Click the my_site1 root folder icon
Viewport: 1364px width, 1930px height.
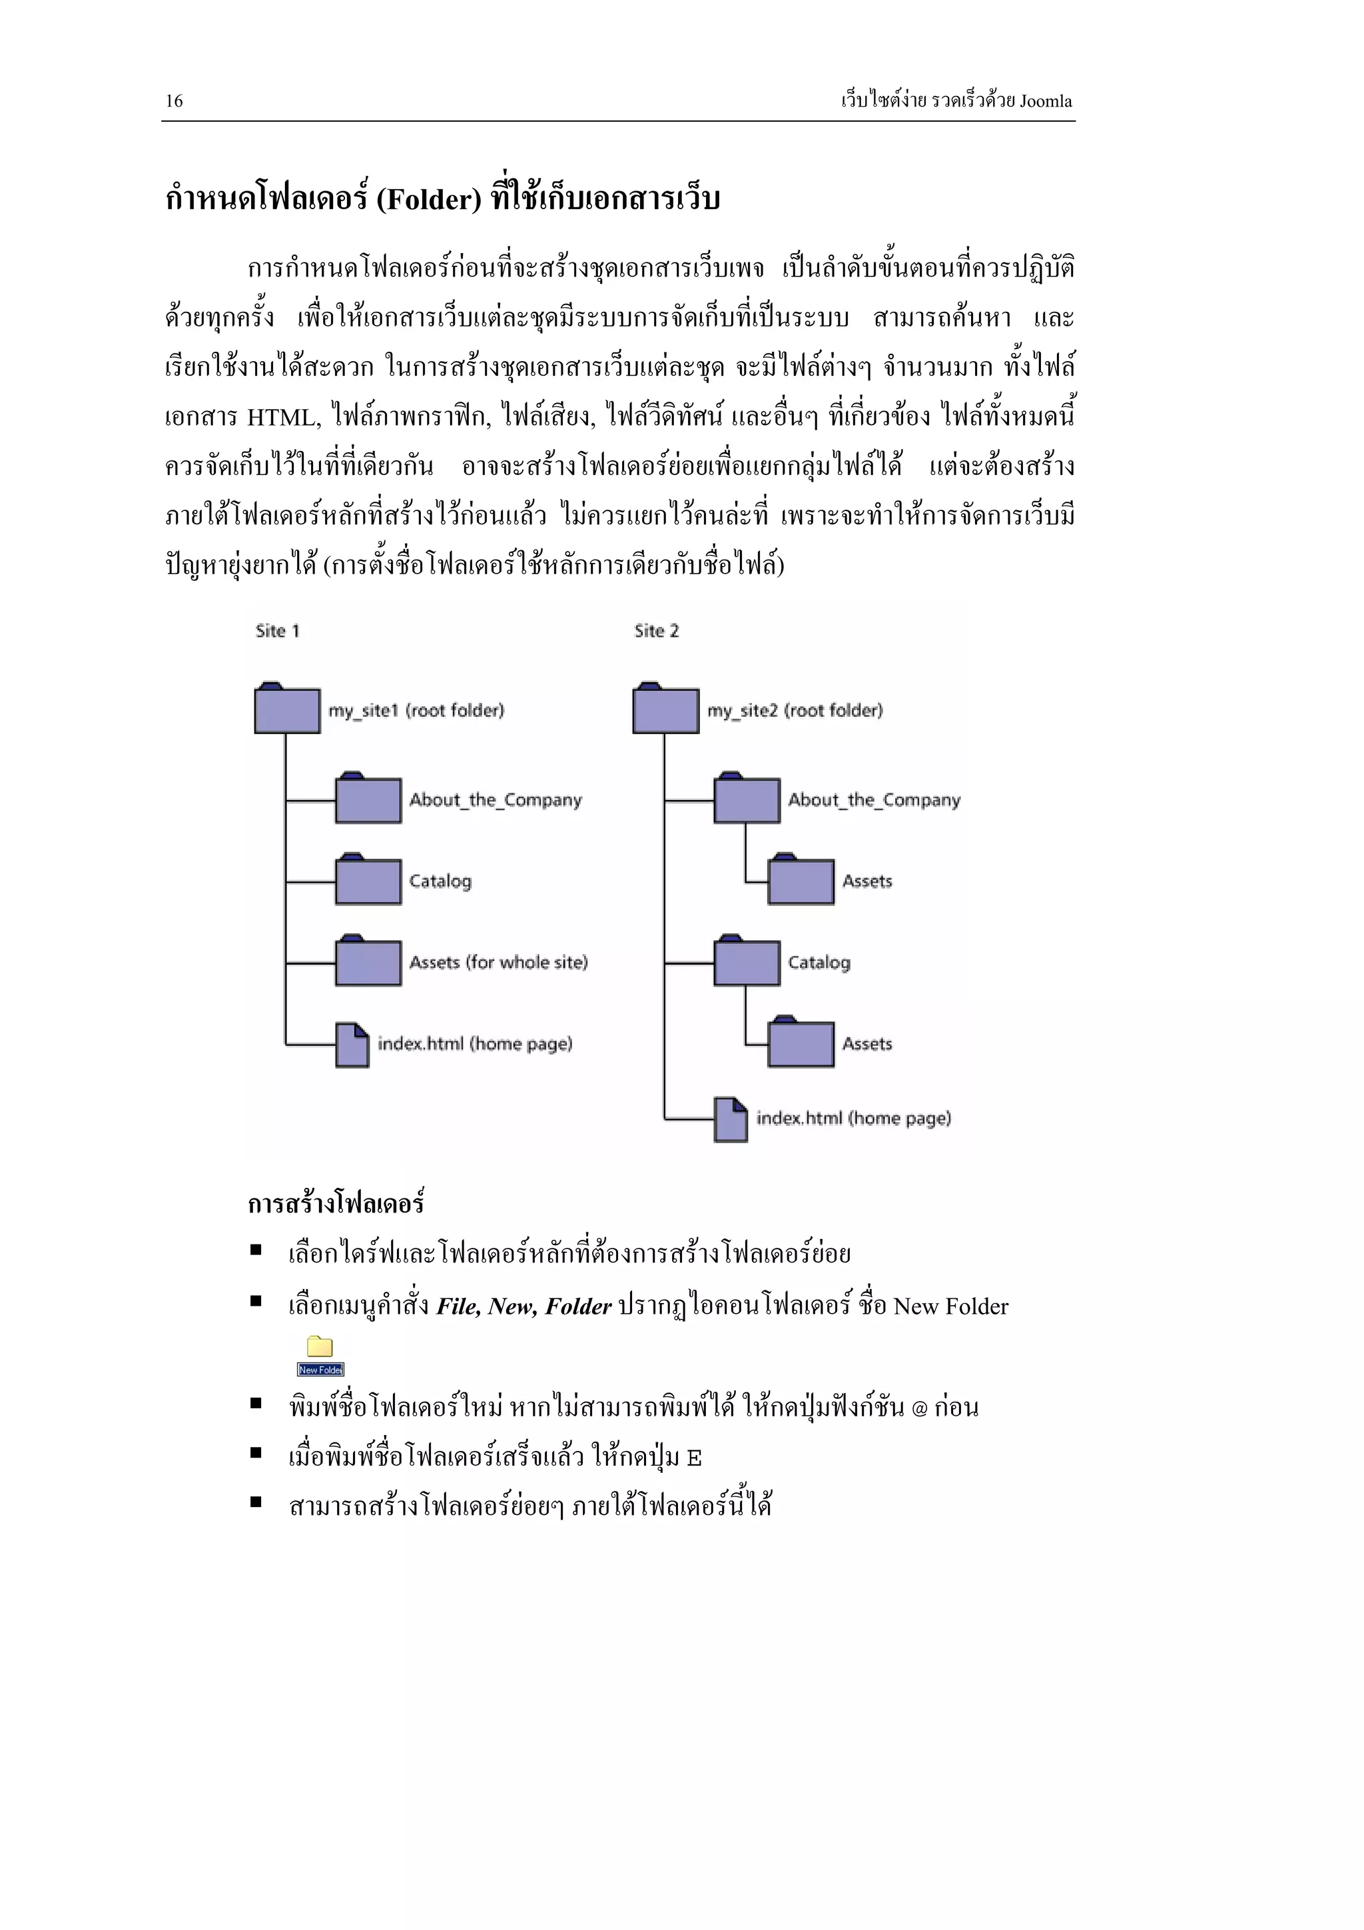pyautogui.click(x=286, y=709)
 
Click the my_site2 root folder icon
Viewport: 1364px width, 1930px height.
pyautogui.click(x=665, y=709)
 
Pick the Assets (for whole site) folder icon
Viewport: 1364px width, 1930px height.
pyautogui.click(x=368, y=961)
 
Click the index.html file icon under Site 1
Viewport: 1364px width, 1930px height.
pyautogui.click(x=352, y=1045)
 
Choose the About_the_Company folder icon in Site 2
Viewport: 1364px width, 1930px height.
pyautogui.click(x=747, y=799)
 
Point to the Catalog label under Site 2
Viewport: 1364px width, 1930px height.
pyautogui.click(x=819, y=963)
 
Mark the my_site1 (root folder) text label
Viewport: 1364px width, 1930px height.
pyautogui.click(x=416, y=711)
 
